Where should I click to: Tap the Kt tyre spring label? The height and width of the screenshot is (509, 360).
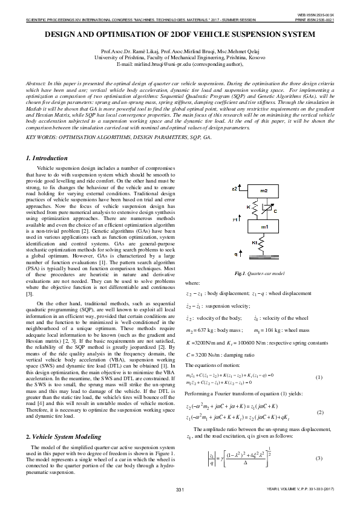(x=254, y=242)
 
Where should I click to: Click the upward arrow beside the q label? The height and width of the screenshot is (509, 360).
(x=240, y=254)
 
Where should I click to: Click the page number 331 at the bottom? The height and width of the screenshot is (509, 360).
(x=180, y=488)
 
